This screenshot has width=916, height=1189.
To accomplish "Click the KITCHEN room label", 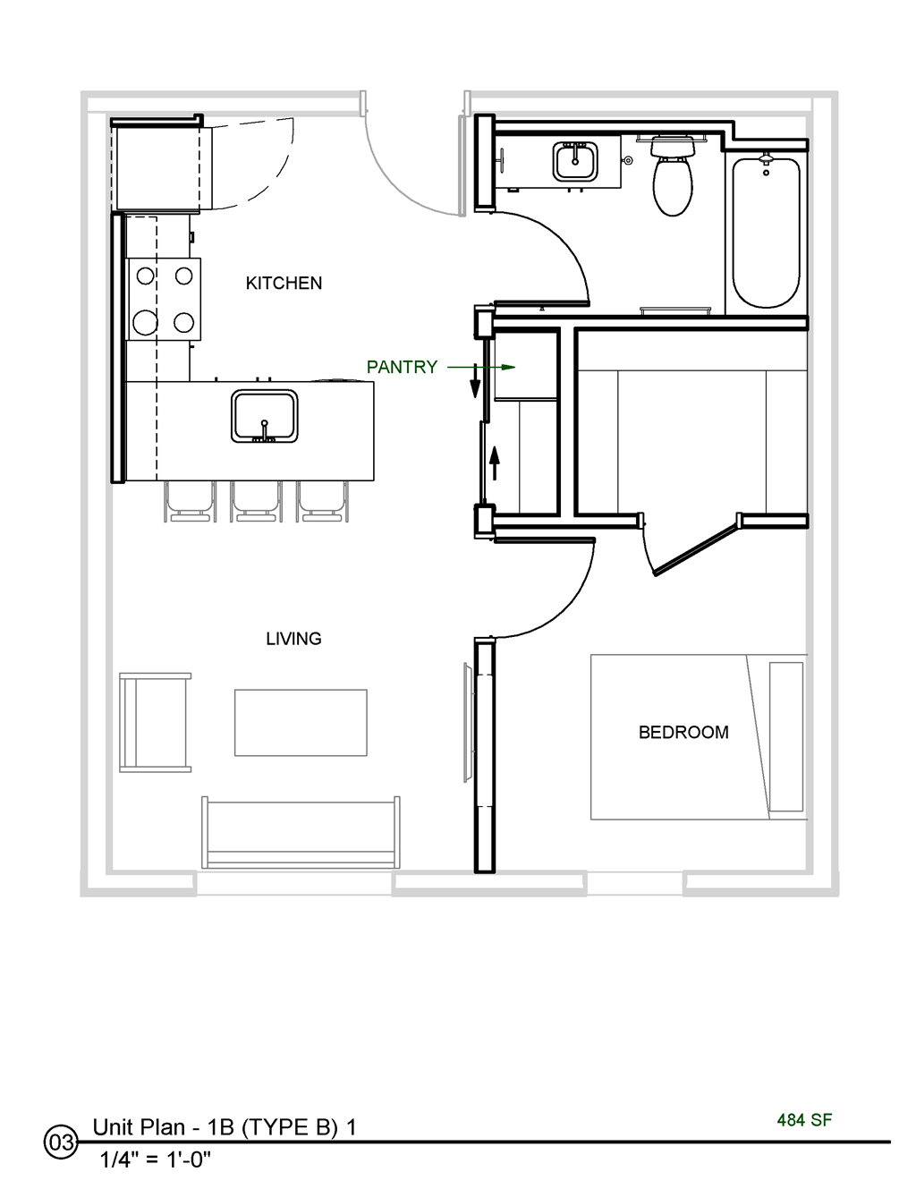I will [x=284, y=283].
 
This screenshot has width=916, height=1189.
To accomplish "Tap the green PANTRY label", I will [x=402, y=367].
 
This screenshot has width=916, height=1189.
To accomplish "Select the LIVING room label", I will [x=293, y=639].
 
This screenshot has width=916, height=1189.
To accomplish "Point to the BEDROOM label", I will [x=683, y=732].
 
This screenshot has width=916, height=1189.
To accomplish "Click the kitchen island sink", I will [x=264, y=416].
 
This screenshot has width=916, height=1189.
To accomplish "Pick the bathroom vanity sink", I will [x=574, y=162].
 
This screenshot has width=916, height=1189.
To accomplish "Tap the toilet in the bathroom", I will [x=673, y=179].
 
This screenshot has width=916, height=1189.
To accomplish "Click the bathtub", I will [x=766, y=233].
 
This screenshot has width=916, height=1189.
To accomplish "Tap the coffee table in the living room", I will [x=301, y=722].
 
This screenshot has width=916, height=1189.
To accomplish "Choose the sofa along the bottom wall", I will [x=301, y=832].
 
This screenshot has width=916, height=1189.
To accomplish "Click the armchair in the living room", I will [x=155, y=722].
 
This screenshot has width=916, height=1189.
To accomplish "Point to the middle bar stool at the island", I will [x=257, y=502].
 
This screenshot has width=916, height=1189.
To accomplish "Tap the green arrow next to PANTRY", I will [x=481, y=367].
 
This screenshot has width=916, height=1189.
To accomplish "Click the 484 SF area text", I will [x=804, y=1120].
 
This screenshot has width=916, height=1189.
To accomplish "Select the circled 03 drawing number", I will [x=61, y=1143].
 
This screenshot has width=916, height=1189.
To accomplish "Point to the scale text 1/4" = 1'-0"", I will [x=156, y=1160].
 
